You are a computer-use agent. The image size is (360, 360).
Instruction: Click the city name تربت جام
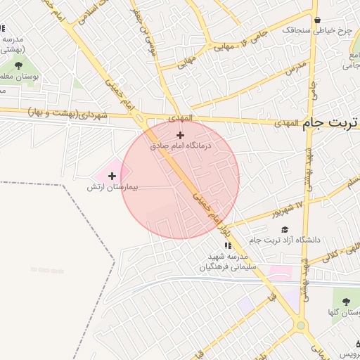pyautogui.click(x=330, y=123)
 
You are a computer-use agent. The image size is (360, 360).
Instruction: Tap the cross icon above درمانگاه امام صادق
pyautogui.click(x=180, y=135)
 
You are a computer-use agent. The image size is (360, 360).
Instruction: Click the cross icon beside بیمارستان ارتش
pyautogui.click(x=111, y=176)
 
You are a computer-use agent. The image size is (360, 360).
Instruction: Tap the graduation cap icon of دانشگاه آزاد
pyautogui.click(x=285, y=229)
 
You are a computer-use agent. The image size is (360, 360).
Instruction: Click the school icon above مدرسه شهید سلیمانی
pyautogui.click(x=227, y=245)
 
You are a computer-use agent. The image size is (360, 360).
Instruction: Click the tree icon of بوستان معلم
pyautogui.click(x=18, y=65)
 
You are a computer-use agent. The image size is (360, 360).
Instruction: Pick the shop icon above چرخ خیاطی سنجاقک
pyautogui.click(x=318, y=20)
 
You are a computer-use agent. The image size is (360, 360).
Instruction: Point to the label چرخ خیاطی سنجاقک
pyautogui.click(x=317, y=31)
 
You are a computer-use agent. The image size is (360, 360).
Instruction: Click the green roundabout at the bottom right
pyautogui.click(x=301, y=325)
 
